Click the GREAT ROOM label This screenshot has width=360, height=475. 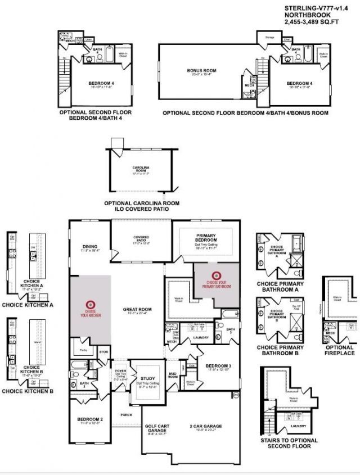137,309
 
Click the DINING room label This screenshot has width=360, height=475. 89,246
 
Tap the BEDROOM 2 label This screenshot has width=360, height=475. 89,419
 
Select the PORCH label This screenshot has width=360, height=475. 125,415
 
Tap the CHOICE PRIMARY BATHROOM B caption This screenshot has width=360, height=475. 280,350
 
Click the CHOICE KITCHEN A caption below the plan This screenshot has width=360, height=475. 28,305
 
